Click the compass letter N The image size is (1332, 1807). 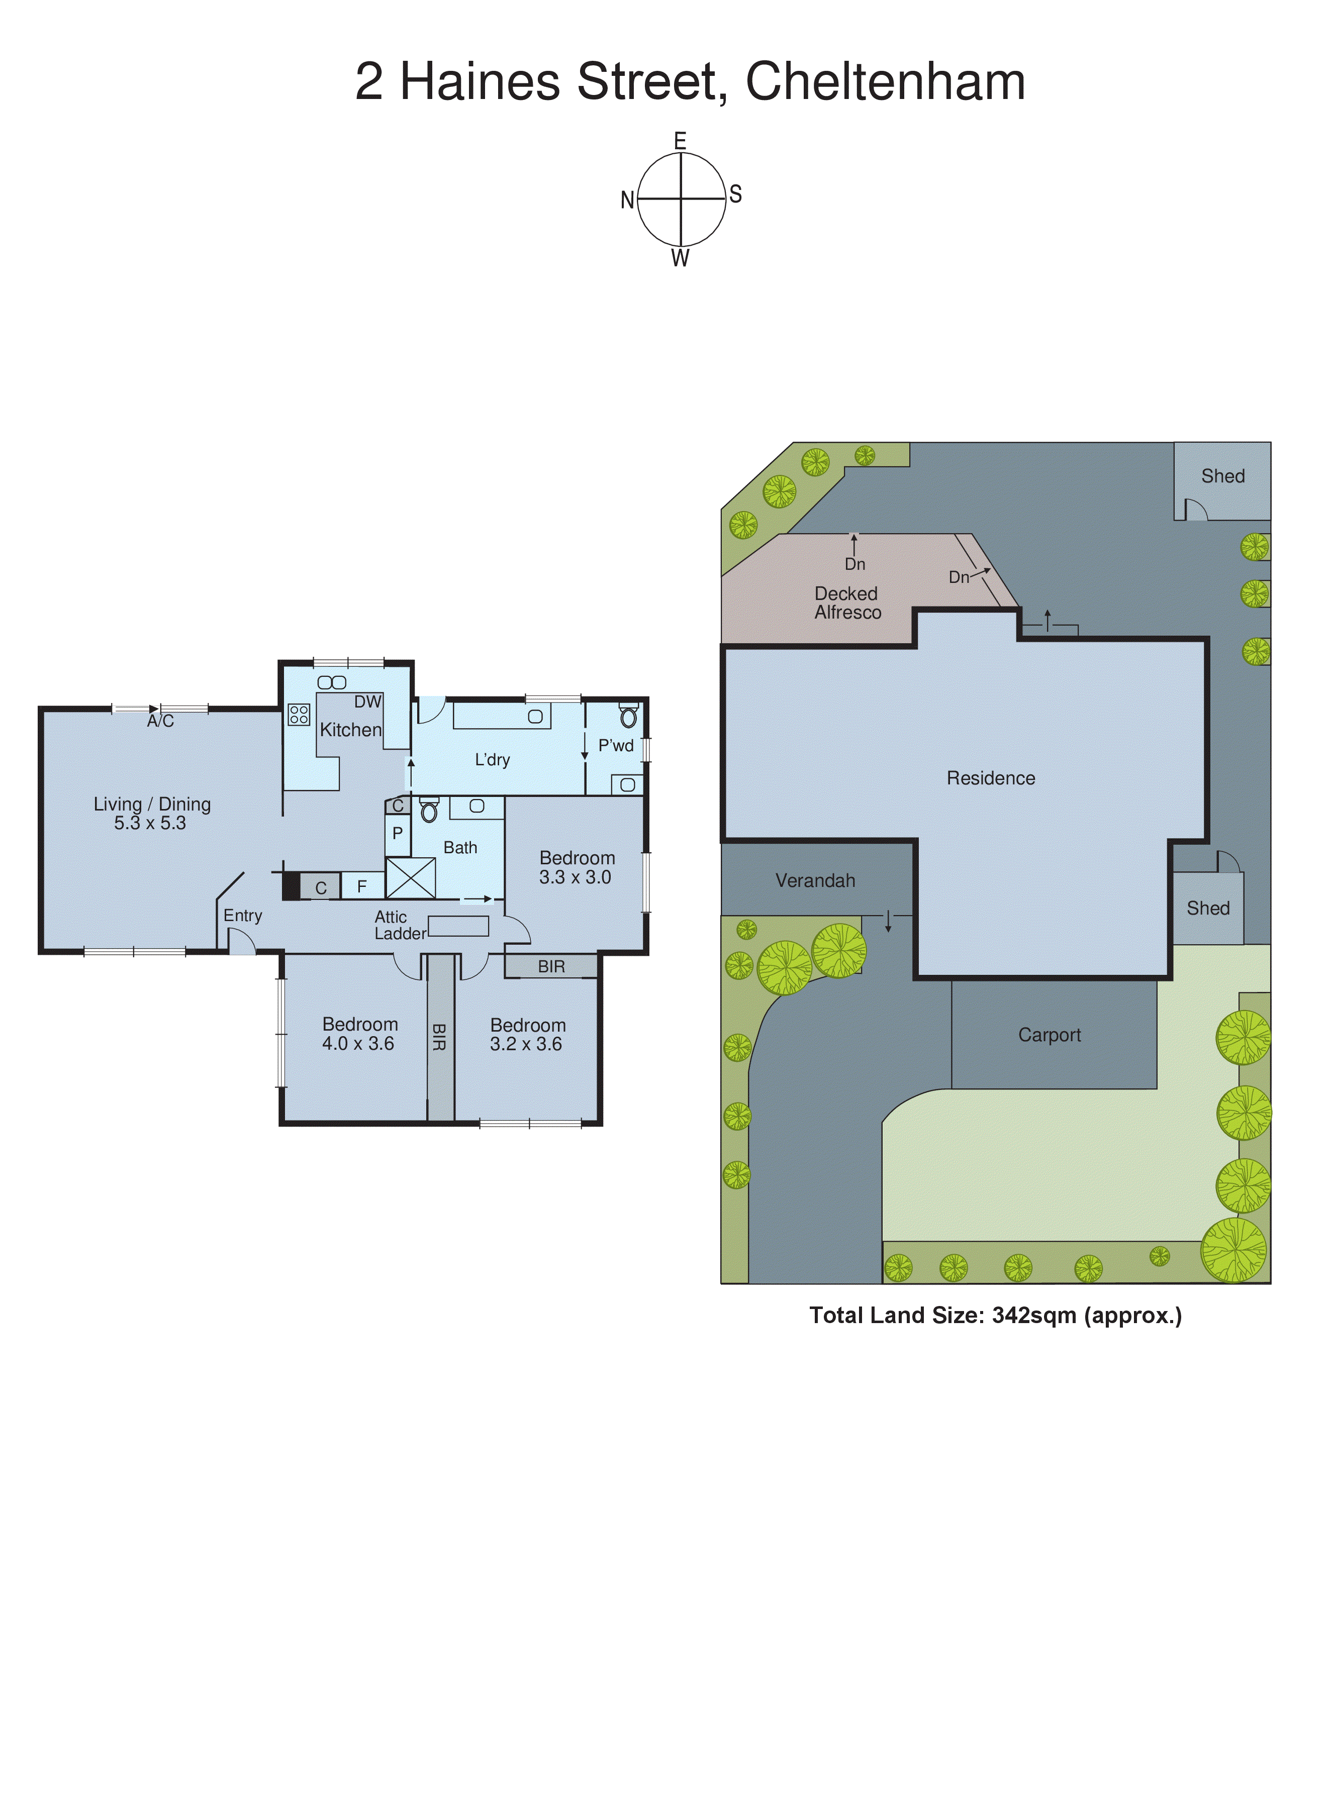[626, 200]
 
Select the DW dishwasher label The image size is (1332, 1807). [367, 702]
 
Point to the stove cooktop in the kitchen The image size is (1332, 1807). [299, 715]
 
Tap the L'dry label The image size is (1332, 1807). [492, 760]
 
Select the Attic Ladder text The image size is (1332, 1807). [399, 925]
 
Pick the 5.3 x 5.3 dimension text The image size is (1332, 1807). [150, 824]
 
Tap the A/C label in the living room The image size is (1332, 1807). [160, 722]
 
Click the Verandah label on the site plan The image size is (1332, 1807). [815, 881]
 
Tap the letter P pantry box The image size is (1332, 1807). [398, 833]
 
